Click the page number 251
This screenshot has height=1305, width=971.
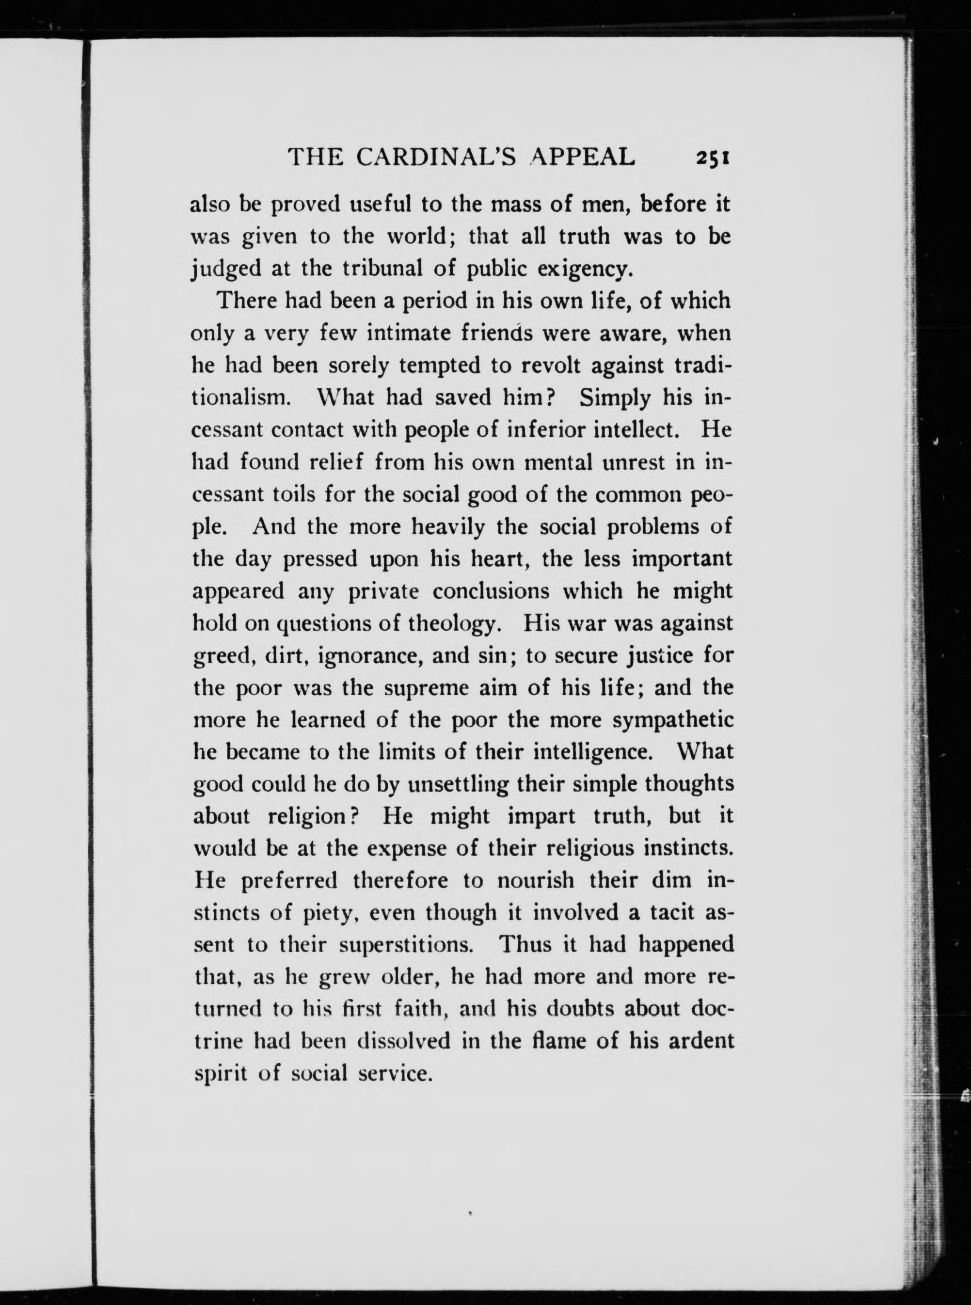pyautogui.click(x=712, y=159)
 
